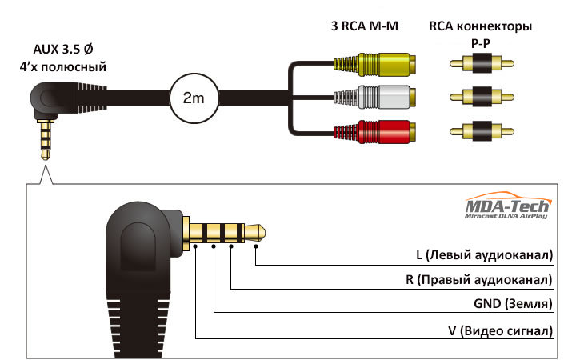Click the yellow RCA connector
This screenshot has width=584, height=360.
[x=374, y=65]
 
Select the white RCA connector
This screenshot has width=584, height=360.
[x=374, y=97]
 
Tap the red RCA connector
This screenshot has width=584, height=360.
[x=374, y=131]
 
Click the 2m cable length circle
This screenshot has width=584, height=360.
[x=194, y=98]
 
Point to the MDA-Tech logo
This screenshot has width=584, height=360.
[x=508, y=206]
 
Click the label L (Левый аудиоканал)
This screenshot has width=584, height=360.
[x=484, y=255]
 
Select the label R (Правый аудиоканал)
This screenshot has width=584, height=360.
[x=479, y=279]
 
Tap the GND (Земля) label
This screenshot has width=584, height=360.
[x=513, y=304]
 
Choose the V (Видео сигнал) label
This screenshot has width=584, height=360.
[x=500, y=330]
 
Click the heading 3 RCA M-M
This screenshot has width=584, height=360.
[x=365, y=26]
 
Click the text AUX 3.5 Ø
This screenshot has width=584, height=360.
[x=63, y=49]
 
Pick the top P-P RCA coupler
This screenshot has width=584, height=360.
[x=482, y=63]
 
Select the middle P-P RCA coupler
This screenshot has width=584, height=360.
[x=482, y=97]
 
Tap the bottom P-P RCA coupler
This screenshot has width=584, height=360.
[x=482, y=131]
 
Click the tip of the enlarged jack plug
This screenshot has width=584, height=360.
[x=265, y=233]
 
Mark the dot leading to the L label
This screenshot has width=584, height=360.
[x=256, y=246]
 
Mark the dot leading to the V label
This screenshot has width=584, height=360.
[x=195, y=246]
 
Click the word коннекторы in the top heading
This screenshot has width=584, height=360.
[x=494, y=26]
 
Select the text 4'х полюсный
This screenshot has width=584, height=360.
[x=63, y=67]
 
